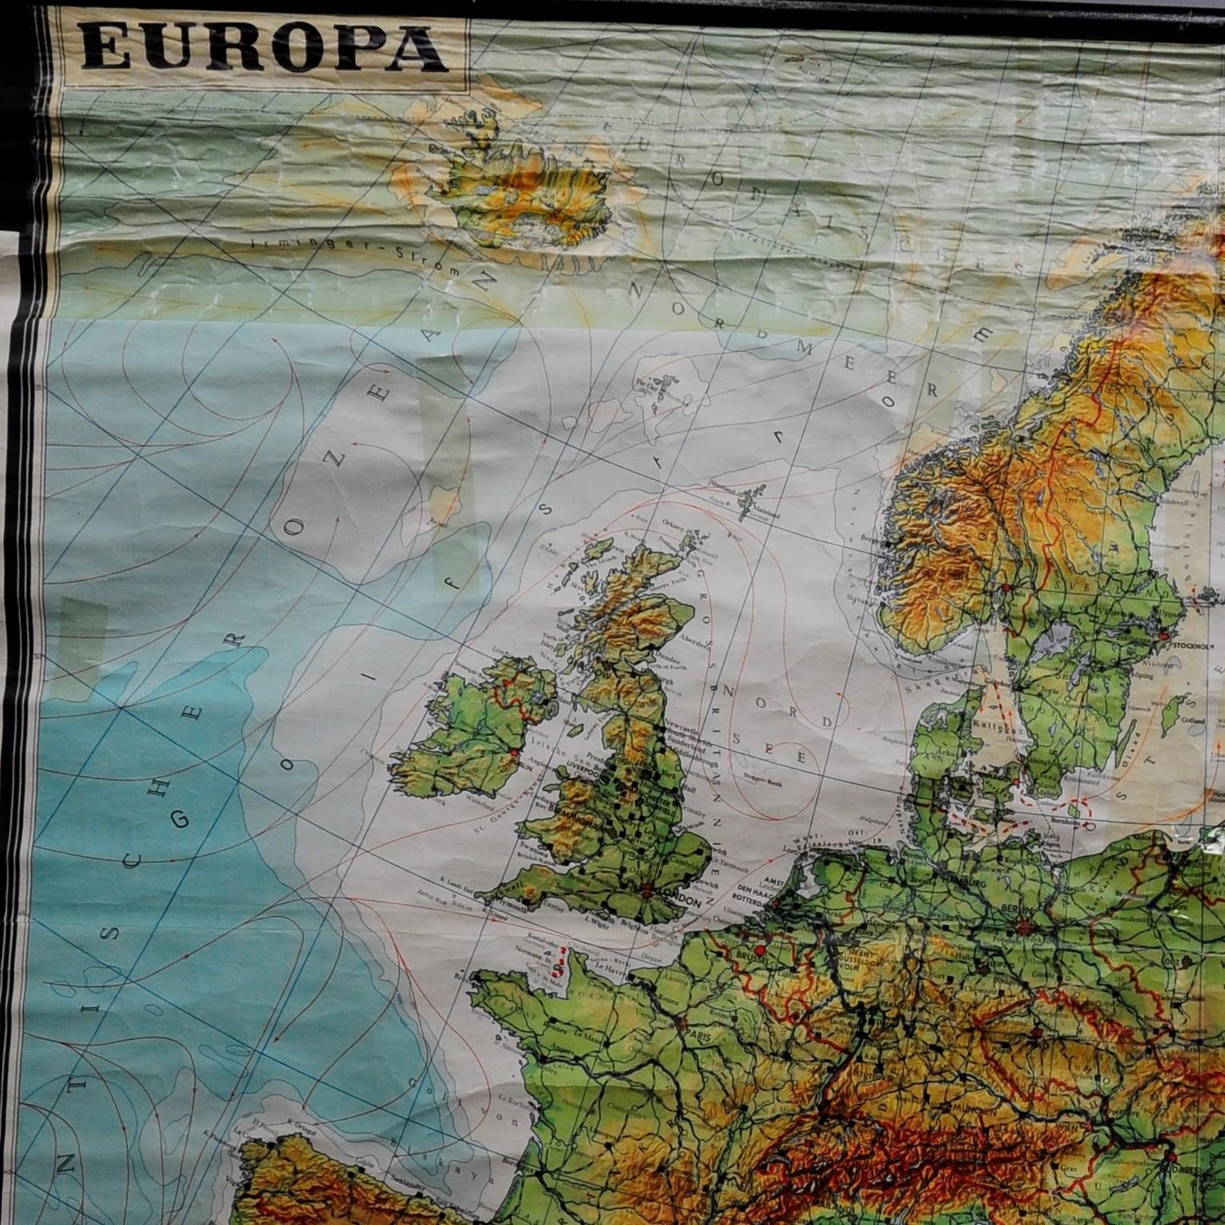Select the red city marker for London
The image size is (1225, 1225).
(x=646, y=887)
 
